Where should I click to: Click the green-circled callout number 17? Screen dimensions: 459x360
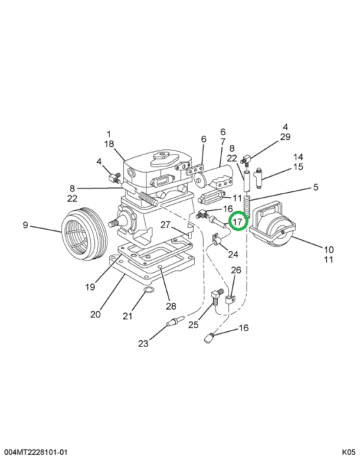tap(238, 222)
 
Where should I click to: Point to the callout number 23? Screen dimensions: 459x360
tap(143, 343)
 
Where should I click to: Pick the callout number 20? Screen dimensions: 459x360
tap(96, 314)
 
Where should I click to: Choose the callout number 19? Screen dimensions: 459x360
tap(90, 287)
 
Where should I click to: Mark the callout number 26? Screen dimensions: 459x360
tap(236, 271)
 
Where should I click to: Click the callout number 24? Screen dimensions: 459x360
tap(233, 255)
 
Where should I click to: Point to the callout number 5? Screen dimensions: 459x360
tap(316, 188)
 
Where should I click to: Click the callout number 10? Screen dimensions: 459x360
tap(329, 249)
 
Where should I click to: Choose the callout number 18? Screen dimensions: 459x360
tap(109, 144)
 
